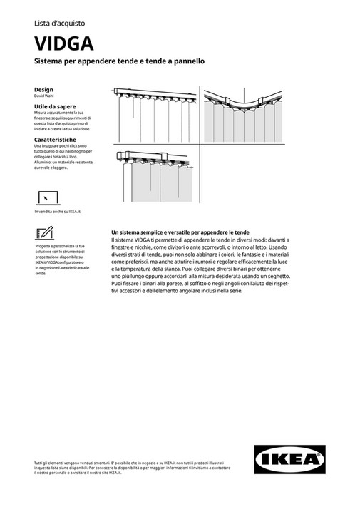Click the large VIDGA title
63,44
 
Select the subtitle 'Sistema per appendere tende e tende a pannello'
120,62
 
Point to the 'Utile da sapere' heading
55,106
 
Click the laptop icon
46,197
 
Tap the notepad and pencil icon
43,232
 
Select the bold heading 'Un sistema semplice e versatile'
180,232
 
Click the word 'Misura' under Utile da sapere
42,113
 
